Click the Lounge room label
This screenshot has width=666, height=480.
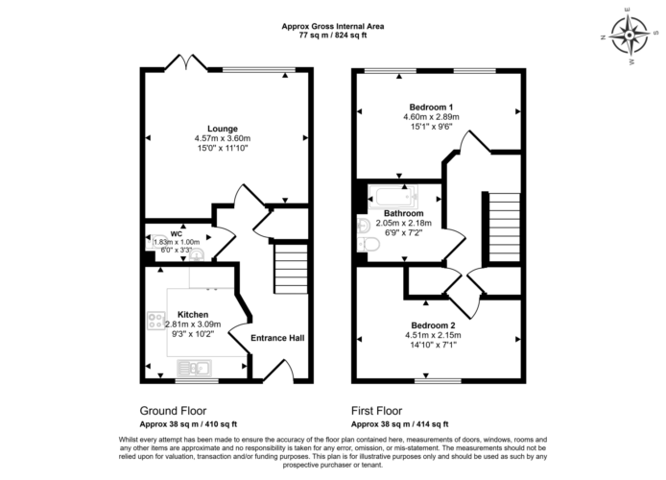click(x=223, y=129)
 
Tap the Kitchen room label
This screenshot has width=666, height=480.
click(x=193, y=315)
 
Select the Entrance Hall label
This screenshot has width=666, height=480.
click(x=277, y=338)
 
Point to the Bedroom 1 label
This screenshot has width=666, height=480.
click(x=431, y=108)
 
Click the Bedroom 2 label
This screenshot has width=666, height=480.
click(x=433, y=325)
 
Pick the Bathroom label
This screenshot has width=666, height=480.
click(x=403, y=213)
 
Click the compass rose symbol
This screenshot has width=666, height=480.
click(x=629, y=36)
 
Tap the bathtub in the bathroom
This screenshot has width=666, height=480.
click(x=392, y=197)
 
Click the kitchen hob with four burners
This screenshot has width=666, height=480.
click(x=155, y=321)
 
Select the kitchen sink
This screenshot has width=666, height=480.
click(x=194, y=368)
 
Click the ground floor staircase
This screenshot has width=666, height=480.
click(x=291, y=269)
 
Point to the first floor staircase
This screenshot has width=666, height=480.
click(x=505, y=228)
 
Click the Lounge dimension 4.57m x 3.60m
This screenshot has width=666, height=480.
click(x=223, y=138)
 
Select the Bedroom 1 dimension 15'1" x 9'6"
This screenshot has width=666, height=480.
click(x=431, y=127)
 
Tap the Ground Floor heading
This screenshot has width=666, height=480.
click(x=173, y=411)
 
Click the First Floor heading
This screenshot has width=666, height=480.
click(x=376, y=411)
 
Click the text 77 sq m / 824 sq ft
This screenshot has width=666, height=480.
click(x=333, y=36)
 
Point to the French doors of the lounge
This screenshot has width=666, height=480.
click(x=186, y=62)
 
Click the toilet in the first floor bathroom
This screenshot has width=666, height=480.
click(x=369, y=245)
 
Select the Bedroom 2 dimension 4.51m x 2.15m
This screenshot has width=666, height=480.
click(x=433, y=335)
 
